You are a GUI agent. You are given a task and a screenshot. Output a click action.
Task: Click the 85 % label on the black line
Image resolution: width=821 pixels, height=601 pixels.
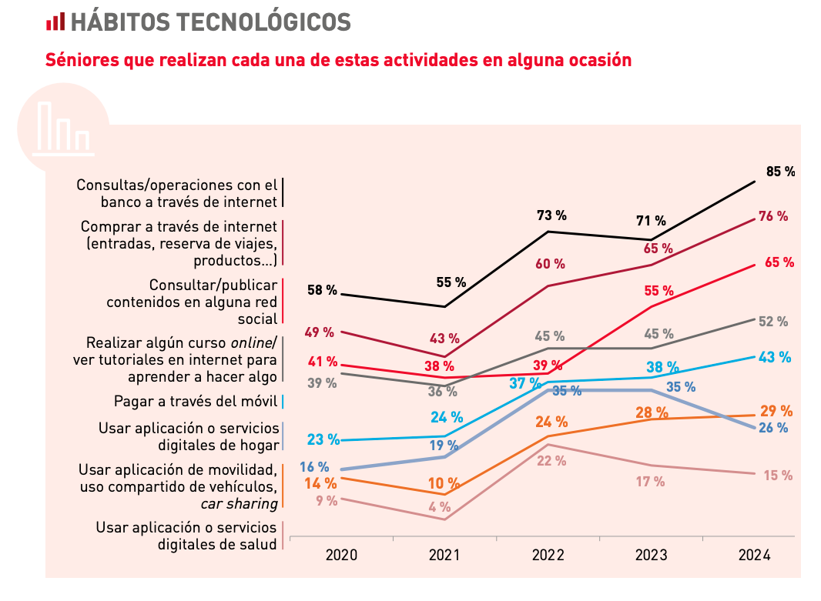(780, 172)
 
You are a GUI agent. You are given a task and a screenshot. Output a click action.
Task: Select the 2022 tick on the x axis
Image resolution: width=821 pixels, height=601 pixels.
(548, 555)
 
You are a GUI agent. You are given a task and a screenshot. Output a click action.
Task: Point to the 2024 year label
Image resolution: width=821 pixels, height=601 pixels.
(754, 555)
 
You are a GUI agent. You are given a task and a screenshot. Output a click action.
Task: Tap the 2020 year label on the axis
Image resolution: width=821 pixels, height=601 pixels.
(341, 555)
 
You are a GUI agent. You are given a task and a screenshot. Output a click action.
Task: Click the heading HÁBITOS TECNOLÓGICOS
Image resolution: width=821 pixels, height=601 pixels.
(210, 22)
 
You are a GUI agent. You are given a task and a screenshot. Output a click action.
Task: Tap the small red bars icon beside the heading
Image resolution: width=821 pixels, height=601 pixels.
(55, 22)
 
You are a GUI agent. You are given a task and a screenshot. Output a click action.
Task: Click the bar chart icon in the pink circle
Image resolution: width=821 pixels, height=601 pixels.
(63, 126)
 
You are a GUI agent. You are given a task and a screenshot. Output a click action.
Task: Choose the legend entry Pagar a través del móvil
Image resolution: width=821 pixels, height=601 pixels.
(195, 401)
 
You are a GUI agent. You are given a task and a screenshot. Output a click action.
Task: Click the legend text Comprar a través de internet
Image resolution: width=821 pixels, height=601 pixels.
(179, 227)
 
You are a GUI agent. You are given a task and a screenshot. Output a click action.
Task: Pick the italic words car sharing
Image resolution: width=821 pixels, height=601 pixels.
(239, 504)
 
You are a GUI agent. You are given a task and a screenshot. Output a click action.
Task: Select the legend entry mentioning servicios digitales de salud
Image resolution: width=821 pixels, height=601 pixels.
(186, 536)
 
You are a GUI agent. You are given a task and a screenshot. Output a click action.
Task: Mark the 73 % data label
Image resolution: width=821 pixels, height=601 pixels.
(551, 215)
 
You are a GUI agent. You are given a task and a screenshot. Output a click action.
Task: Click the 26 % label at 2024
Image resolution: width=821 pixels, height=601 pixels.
(773, 428)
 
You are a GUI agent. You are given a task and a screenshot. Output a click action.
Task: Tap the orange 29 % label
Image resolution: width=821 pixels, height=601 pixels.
(776, 410)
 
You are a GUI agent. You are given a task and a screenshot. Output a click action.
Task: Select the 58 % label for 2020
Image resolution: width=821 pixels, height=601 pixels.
(322, 290)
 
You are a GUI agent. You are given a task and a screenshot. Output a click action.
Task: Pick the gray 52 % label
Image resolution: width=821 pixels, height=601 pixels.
(773, 322)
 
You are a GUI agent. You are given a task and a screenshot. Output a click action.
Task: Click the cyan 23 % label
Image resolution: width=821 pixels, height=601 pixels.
(323, 439)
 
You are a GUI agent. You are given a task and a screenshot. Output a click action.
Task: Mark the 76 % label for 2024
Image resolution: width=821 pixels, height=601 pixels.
(773, 216)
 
